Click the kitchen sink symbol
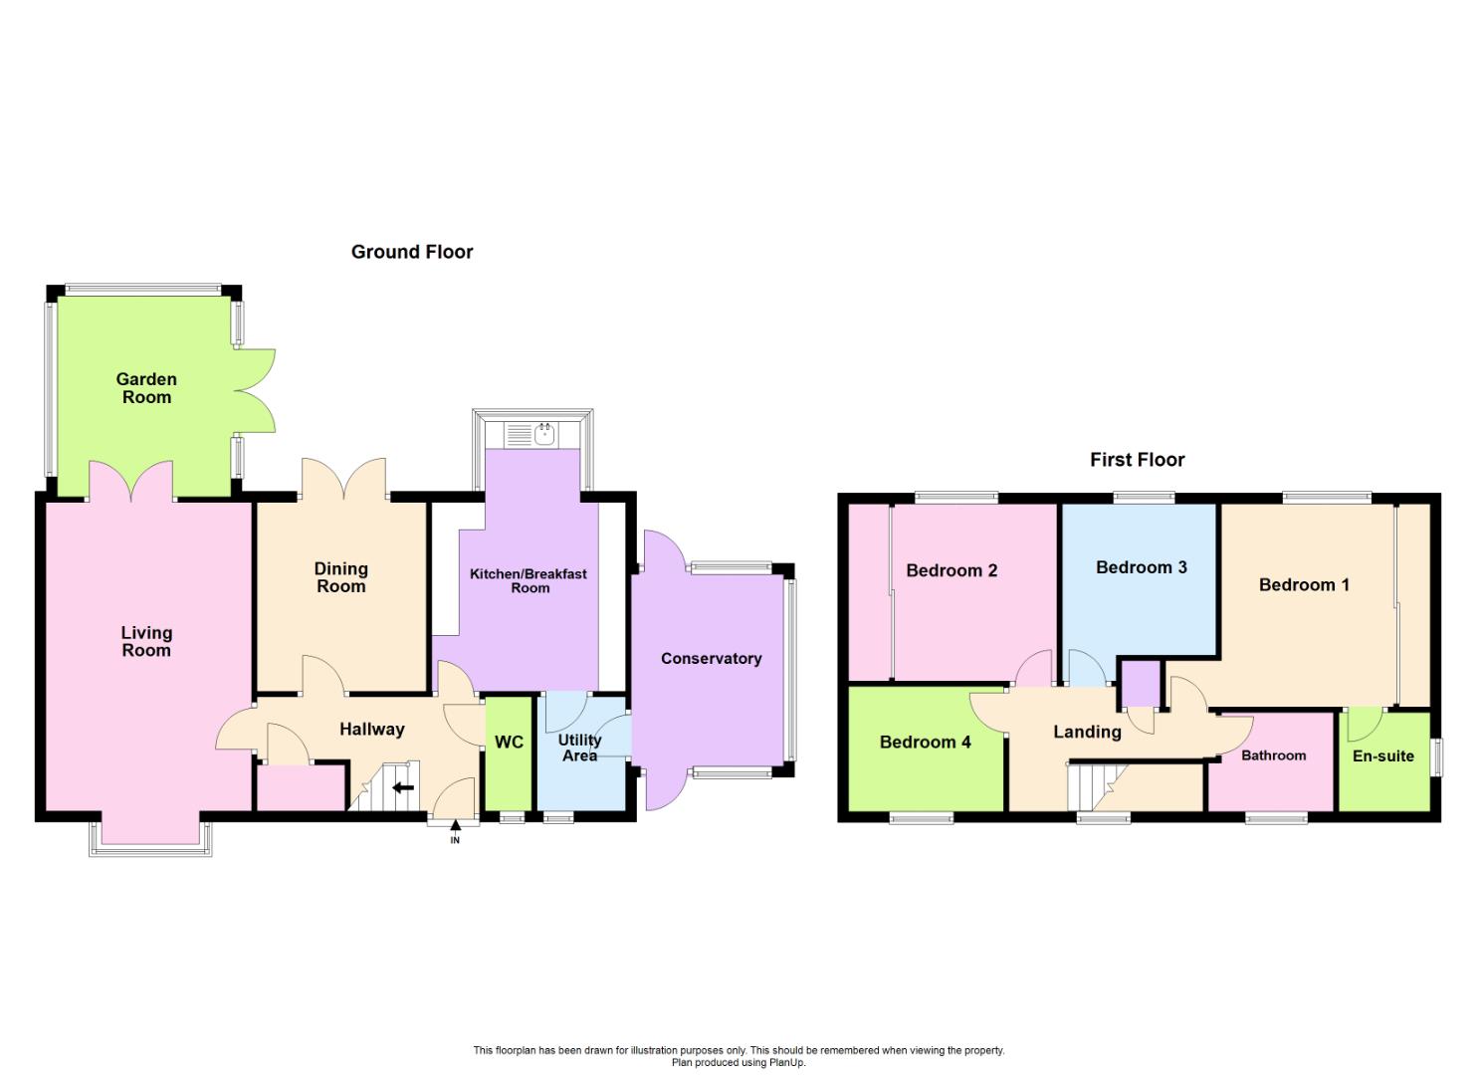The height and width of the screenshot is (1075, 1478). (x=543, y=433)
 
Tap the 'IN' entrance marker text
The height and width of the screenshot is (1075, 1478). (x=455, y=840)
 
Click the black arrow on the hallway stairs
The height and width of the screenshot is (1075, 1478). (x=403, y=788)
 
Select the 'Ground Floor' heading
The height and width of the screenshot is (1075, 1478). (x=412, y=252)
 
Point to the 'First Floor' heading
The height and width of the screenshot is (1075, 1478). (x=1137, y=460)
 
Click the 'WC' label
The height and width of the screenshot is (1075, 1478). (x=509, y=743)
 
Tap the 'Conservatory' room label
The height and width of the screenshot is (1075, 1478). (x=711, y=658)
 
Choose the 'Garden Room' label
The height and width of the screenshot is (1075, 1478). (x=146, y=388)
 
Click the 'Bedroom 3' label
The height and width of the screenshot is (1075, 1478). (x=1141, y=567)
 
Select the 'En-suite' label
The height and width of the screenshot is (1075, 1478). (x=1382, y=755)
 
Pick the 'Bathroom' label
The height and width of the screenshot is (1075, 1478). (x=1273, y=755)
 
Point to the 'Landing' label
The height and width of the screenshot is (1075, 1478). (x=1087, y=732)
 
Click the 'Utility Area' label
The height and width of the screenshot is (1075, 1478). (x=579, y=748)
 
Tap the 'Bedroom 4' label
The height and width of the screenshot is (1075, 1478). (x=925, y=742)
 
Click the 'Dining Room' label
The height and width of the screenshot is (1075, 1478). (x=340, y=577)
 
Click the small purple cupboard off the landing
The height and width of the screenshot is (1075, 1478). (x=1141, y=683)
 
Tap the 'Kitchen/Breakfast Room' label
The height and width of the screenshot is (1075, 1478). (x=529, y=580)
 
